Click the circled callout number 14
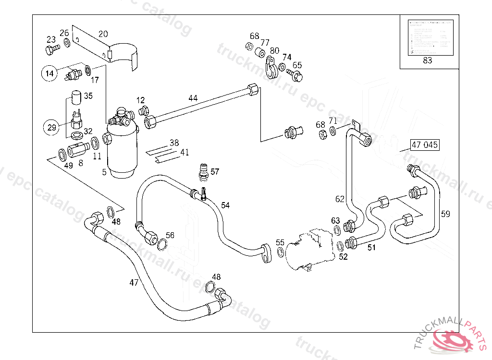(49, 73)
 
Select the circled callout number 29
(51, 127)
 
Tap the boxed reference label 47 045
(424, 144)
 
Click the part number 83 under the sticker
(427, 60)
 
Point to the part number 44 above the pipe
(193, 98)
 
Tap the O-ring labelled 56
(162, 246)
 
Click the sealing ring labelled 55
(280, 253)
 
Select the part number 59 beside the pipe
(445, 214)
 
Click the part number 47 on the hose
(134, 283)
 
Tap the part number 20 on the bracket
(103, 34)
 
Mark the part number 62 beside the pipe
(340, 199)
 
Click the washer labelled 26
(66, 43)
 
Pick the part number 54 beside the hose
(225, 205)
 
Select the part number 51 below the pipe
(371, 248)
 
